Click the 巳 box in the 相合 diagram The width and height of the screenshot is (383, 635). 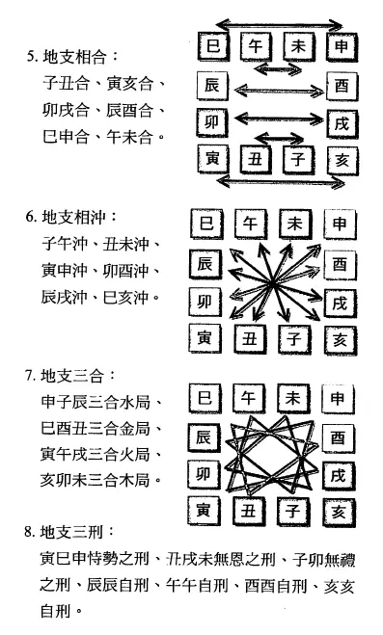pyautogui.click(x=213, y=46)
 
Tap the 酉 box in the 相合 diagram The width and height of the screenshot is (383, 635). pyautogui.click(x=342, y=87)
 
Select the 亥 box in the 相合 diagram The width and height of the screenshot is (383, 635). pyautogui.click(x=342, y=161)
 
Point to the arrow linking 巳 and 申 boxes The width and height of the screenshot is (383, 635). pyautogui.click(x=280, y=25)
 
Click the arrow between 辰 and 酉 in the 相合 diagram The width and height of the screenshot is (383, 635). pyautogui.click(x=279, y=90)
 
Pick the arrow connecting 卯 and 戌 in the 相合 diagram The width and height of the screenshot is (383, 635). pyautogui.click(x=279, y=119)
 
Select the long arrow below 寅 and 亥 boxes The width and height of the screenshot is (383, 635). pyautogui.click(x=281, y=181)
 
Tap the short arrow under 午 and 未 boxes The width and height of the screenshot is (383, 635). pyautogui.click(x=278, y=68)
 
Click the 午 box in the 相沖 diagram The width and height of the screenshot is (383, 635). pyautogui.click(x=251, y=224)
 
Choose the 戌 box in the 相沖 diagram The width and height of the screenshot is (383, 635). pyautogui.click(x=341, y=304)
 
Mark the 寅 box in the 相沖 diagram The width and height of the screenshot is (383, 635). pyautogui.click(x=205, y=339)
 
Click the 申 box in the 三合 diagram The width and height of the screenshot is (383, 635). pyautogui.click(x=338, y=399)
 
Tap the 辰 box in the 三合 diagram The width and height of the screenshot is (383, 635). pyautogui.click(x=204, y=437)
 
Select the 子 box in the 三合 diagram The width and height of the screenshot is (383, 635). pyautogui.click(x=293, y=512)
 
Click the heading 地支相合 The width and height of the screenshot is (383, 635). pyautogui.click(x=74, y=57)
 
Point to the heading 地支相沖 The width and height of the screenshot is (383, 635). pyautogui.click(x=73, y=218)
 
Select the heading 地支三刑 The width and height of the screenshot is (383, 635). pyautogui.click(x=71, y=532)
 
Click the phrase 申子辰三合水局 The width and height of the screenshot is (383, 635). pyautogui.click(x=96, y=403)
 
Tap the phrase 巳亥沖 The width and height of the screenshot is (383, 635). pyautogui.click(x=126, y=298)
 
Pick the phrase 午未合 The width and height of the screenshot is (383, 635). pyautogui.click(x=129, y=137)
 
